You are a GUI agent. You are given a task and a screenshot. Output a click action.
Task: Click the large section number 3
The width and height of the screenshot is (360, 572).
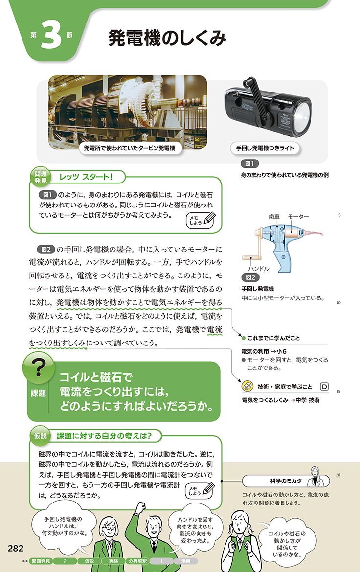[51, 35]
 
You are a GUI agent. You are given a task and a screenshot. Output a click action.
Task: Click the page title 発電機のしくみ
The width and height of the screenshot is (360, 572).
[167, 38]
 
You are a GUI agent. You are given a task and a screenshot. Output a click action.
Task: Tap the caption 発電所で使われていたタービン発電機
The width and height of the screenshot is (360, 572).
[129, 148]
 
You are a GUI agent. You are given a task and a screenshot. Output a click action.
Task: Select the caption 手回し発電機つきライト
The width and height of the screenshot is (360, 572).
[265, 148]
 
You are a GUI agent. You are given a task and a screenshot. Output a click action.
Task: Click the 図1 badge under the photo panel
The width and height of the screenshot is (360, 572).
[250, 163]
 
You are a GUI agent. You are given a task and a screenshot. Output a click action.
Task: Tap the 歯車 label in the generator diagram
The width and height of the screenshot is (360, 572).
[274, 217]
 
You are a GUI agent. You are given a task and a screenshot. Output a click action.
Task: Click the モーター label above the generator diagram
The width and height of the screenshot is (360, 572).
[298, 217]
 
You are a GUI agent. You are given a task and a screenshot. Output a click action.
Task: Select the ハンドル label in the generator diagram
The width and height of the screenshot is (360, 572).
[259, 269]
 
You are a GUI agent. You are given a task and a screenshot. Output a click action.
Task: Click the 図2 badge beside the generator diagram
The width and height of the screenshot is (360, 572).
[250, 277]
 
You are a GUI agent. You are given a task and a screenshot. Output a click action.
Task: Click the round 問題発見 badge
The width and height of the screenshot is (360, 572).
[41, 178]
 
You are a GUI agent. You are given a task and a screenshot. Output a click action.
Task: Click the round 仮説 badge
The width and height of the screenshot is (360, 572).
[41, 436]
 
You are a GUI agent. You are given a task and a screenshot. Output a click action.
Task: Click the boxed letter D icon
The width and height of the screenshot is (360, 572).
[324, 387]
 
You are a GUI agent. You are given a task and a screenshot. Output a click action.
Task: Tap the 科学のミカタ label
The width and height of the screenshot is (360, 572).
[286, 481]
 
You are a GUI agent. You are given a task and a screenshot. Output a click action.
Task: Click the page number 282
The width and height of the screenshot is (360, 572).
[15, 549]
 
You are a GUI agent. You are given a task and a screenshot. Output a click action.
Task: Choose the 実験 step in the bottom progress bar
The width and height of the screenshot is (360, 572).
[113, 561]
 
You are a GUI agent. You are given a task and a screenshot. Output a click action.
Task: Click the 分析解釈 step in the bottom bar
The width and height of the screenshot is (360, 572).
[137, 561]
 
